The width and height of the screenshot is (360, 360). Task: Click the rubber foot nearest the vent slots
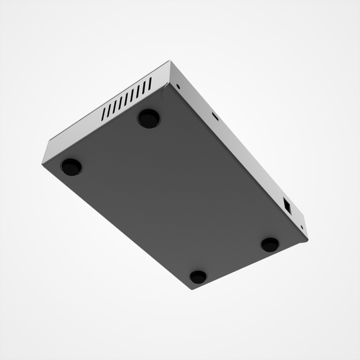tap(148, 118)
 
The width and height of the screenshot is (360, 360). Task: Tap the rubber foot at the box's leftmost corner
tap(71, 166)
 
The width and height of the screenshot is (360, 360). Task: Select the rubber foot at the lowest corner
tap(198, 277)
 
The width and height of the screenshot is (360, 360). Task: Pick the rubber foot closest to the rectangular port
tap(270, 244)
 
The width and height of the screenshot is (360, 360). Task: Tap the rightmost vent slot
tap(150, 84)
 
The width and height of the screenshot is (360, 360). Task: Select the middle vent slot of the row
tap(127, 99)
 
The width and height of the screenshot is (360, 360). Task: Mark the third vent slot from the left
tap(115, 106)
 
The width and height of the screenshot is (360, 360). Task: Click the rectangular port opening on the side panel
tap(286, 206)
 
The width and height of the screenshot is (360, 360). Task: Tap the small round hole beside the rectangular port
tap(302, 227)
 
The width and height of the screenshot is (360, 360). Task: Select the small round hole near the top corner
tap(178, 87)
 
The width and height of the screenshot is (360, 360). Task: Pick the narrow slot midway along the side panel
tap(214, 116)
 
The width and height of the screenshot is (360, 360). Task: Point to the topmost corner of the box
tap(169, 61)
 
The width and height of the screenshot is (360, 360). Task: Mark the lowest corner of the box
tap(191, 289)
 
